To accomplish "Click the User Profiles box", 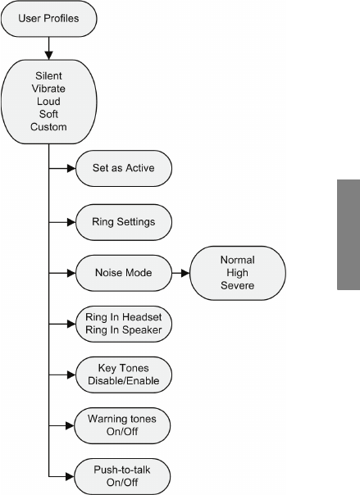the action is [x=49, y=18].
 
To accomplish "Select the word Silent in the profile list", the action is [x=48, y=75].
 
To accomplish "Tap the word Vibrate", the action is [x=48, y=89].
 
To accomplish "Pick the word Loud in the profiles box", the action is [x=48, y=102].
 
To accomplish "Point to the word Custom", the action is [x=48, y=127].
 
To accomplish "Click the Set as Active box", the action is [x=124, y=168].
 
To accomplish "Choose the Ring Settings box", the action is [x=124, y=222].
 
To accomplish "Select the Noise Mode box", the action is [x=124, y=273].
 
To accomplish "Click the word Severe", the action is [x=238, y=285].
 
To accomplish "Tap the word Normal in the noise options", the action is [x=238, y=260].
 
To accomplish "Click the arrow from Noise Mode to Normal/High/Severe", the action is [x=180, y=273].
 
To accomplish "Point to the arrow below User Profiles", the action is [x=48, y=48].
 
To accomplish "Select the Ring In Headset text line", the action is [x=124, y=317].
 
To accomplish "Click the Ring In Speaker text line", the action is [x=124, y=330].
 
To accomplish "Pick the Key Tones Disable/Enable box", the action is [x=124, y=375].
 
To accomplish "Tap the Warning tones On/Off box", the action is [x=122, y=425].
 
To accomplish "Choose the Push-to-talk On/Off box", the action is [x=122, y=476].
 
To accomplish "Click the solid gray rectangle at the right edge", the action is [x=349, y=234].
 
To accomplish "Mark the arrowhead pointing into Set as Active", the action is [x=71, y=168].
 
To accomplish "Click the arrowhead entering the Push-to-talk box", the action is [x=70, y=476].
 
